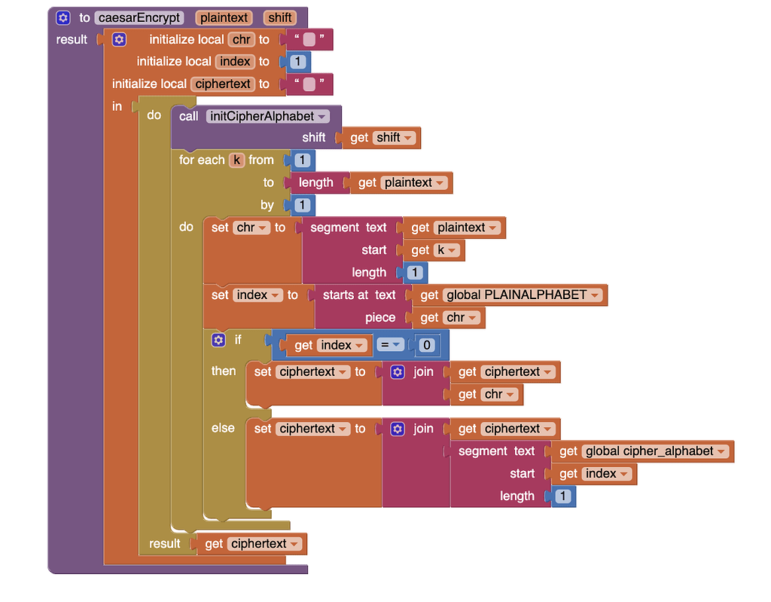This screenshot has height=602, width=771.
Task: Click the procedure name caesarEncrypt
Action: coord(139,17)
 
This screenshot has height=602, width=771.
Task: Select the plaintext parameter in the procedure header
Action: coord(224,17)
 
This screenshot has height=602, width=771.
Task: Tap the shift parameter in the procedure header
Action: coord(279,17)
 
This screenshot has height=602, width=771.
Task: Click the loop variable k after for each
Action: coord(236,160)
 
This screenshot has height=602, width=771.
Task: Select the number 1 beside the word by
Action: coord(302,205)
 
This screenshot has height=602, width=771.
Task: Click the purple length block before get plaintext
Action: coord(315,182)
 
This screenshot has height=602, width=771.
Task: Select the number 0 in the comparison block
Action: coord(426,345)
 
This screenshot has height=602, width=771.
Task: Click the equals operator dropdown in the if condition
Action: coord(391,345)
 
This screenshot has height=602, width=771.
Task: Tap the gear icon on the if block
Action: coord(218,340)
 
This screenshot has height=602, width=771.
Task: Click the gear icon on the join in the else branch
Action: coord(398,429)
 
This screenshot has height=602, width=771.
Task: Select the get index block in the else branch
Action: coord(595,474)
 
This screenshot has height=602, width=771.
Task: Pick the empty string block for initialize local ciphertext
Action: coord(308,84)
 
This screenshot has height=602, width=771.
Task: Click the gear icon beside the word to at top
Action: coord(63,17)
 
